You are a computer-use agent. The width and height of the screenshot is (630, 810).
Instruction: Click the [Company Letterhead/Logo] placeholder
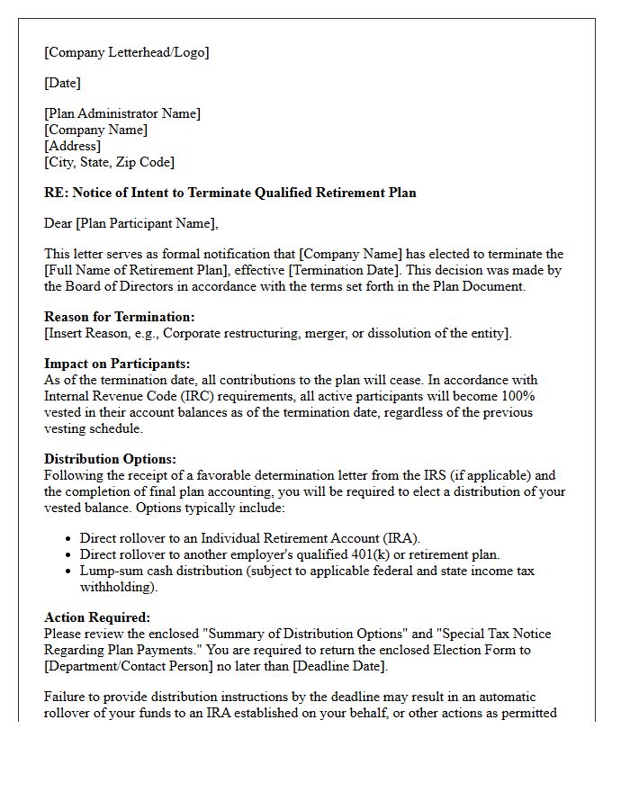pos(126,52)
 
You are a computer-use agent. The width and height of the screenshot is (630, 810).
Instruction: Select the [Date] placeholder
pos(62,83)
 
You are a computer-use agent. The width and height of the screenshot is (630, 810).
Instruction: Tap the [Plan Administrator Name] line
pos(122,113)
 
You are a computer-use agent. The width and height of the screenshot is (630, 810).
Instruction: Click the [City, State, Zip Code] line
pos(109,162)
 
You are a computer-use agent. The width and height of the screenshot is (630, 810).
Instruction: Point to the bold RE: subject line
pos(229,193)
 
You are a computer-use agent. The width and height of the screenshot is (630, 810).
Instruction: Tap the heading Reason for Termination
pos(119,317)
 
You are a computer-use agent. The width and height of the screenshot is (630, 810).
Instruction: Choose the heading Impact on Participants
pos(117,364)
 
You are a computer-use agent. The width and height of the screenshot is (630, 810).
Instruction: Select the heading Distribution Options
pos(110,459)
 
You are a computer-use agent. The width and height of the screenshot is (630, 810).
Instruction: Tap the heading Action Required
pos(97,617)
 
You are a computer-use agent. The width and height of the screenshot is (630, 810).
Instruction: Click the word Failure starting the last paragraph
pos(66,697)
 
